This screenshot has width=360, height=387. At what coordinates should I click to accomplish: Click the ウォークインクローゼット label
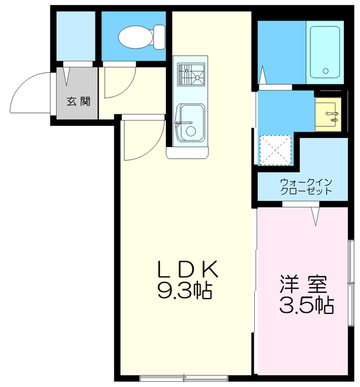coord(306,186)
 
